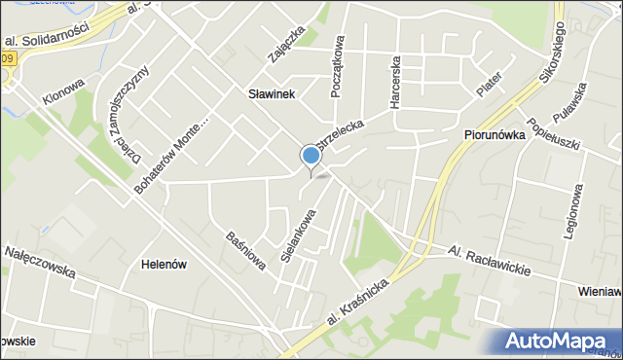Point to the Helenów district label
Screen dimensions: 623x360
[164, 264]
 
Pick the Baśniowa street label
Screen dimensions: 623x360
[247, 251]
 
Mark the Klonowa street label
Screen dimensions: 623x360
[63, 92]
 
